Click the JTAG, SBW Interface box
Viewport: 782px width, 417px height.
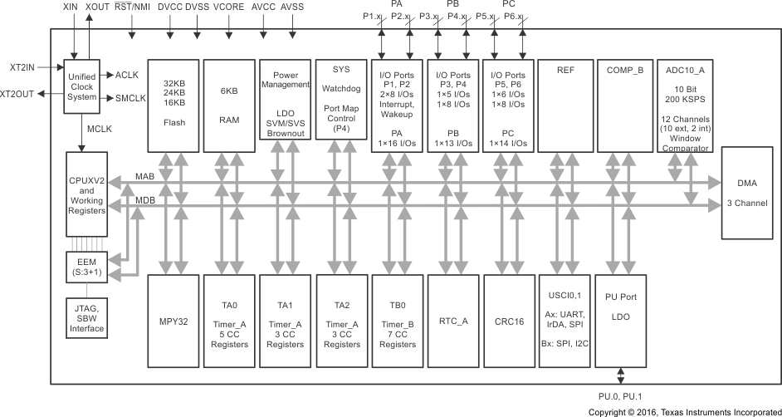coord(86,317)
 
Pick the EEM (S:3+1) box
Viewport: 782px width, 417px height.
coord(86,266)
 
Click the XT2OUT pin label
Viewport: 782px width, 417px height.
coord(17,94)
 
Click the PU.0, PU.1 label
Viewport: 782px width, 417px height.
coord(621,397)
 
